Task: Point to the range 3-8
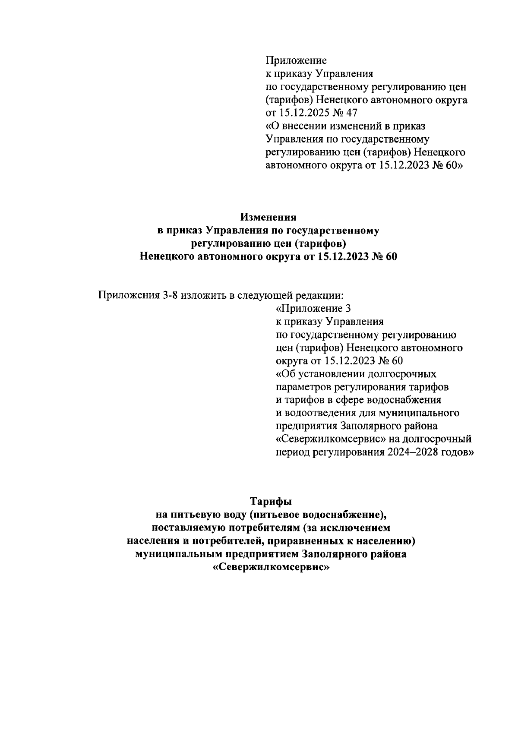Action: [x=168, y=296]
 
